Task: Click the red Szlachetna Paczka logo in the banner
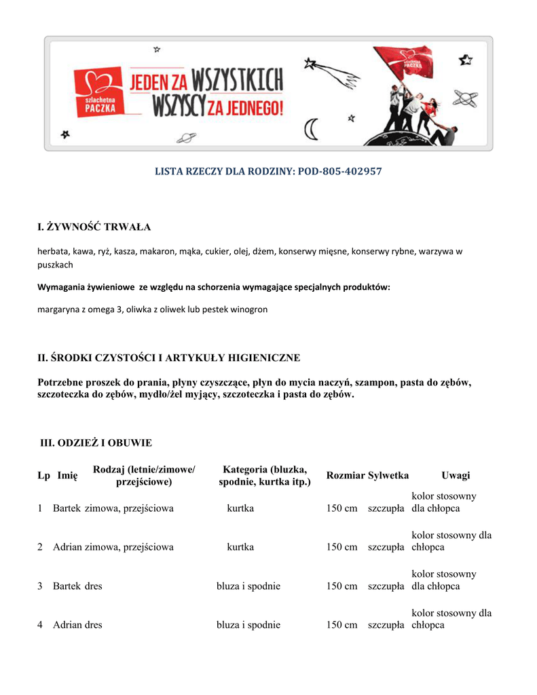point(99,92)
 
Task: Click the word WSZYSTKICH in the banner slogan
point(238,83)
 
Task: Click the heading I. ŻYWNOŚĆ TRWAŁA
point(94,226)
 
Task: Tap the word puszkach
point(55,265)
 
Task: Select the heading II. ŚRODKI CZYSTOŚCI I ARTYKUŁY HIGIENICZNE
point(168,358)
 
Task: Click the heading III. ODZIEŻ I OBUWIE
point(96,443)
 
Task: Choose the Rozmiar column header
point(346,476)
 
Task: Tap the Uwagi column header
point(456,476)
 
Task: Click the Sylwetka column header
point(388,476)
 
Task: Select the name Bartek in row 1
point(67,508)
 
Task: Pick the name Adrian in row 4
point(68,625)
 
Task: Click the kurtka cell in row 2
point(240,547)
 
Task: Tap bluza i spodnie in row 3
point(248,586)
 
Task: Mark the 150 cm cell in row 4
point(341,625)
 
